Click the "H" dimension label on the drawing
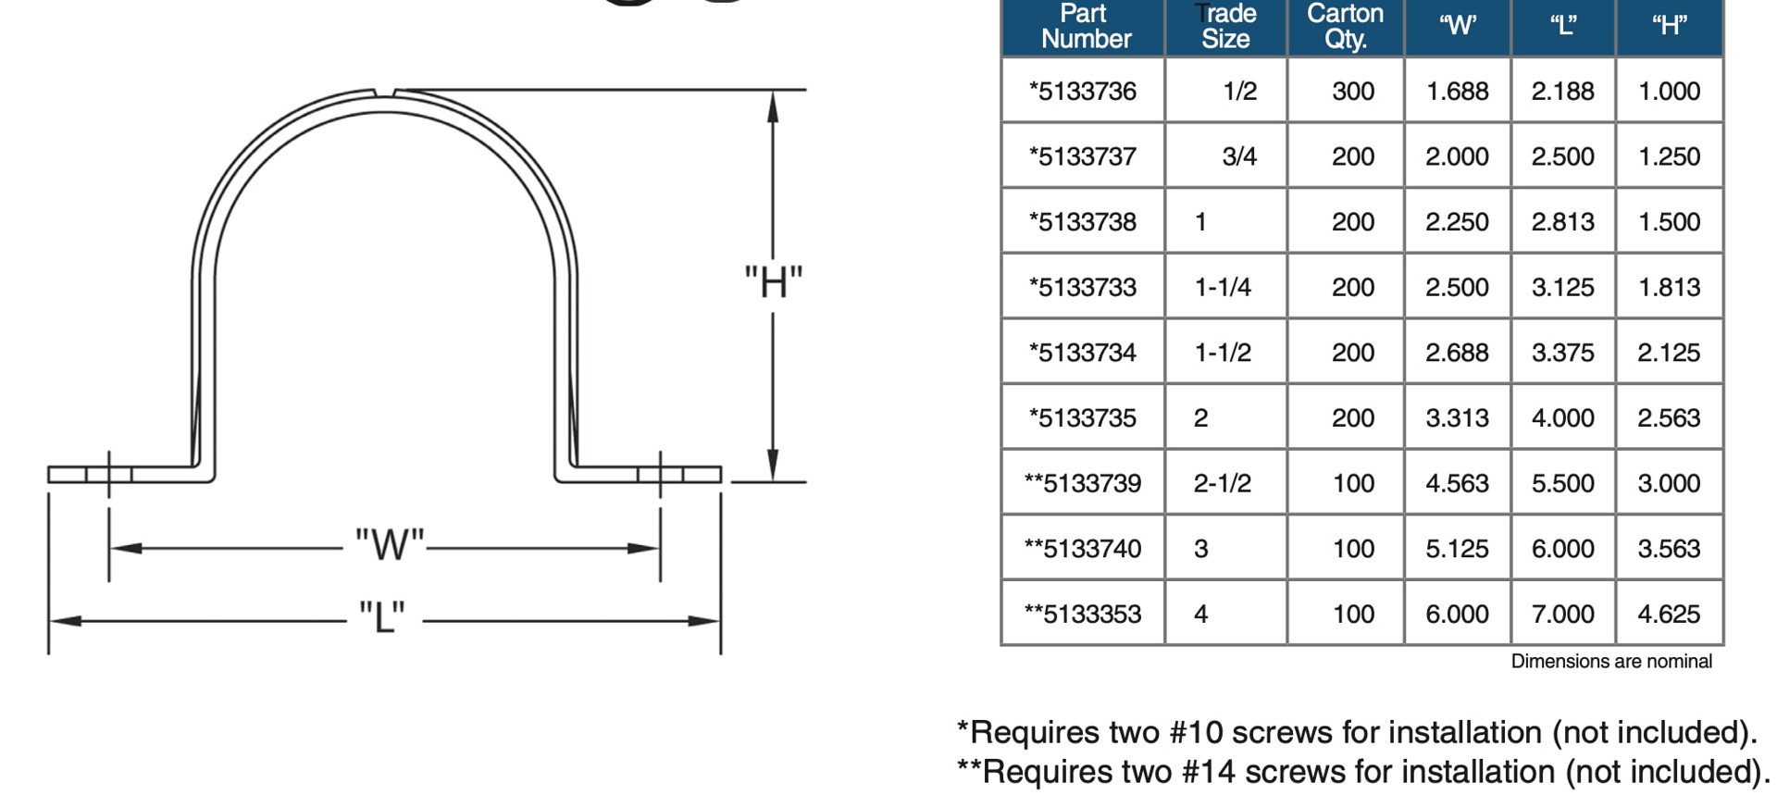(774, 281)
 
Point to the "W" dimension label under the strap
(390, 544)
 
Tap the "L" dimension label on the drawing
(382, 615)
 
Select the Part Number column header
(1085, 26)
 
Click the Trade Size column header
(1225, 26)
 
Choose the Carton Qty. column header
(1345, 26)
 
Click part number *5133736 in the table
(1083, 91)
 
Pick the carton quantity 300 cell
(1353, 91)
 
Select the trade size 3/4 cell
(1239, 155)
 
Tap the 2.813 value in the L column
(1562, 221)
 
